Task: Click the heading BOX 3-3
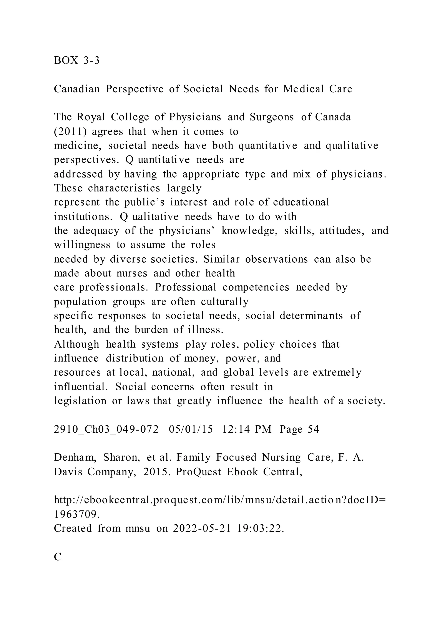(x=77, y=60)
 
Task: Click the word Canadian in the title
(x=77, y=89)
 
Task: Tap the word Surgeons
(x=271, y=117)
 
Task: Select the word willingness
(x=82, y=245)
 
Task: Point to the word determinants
(x=311, y=316)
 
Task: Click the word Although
(x=76, y=344)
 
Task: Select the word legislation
(x=80, y=401)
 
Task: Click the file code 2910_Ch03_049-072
(x=106, y=429)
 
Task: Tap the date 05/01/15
(x=191, y=429)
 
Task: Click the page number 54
(x=314, y=429)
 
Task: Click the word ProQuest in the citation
(x=198, y=472)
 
